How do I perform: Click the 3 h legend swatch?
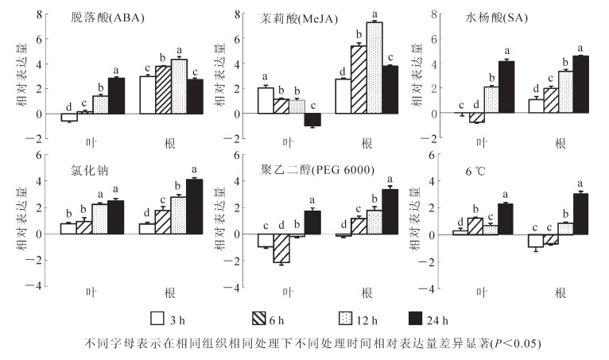(x=157, y=319)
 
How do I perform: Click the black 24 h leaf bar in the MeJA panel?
(x=313, y=120)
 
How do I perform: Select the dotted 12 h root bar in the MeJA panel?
(x=373, y=68)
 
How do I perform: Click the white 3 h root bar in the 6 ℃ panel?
(x=533, y=242)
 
